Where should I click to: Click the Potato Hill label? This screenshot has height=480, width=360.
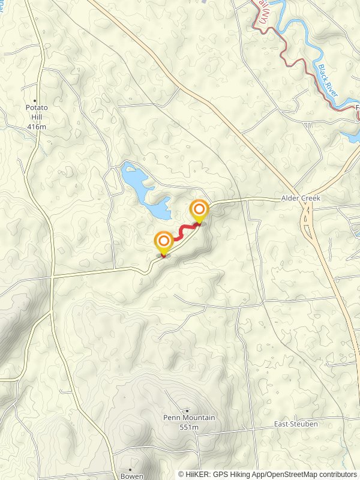[x=36, y=112]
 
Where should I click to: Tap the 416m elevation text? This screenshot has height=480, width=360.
[x=36, y=127]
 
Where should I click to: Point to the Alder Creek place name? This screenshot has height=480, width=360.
[x=301, y=198]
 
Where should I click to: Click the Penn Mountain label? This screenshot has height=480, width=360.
[x=189, y=418]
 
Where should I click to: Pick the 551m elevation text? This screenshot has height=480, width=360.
[x=189, y=427]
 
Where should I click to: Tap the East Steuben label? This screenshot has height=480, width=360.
[x=296, y=424]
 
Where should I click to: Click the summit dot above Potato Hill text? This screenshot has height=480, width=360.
[x=35, y=101]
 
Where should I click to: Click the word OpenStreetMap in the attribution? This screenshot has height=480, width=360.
[x=292, y=474]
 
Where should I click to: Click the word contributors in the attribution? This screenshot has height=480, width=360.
[x=338, y=474]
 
